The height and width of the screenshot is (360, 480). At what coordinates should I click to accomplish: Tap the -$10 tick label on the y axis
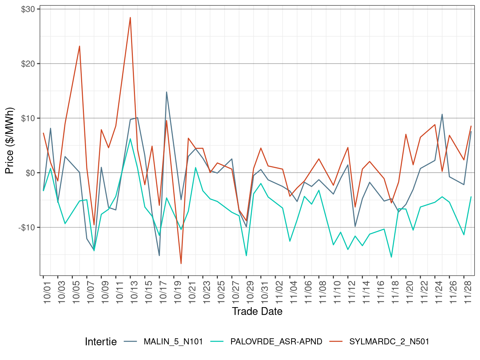point(27,227)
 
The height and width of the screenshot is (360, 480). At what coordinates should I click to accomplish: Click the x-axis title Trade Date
point(257,311)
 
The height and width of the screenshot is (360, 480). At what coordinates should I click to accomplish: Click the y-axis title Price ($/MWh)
point(10,141)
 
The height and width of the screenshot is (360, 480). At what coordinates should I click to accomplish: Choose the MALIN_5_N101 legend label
point(173,342)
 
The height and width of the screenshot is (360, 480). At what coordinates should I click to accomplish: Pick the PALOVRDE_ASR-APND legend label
point(276,342)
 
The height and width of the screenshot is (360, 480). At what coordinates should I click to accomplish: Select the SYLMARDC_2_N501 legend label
point(389,342)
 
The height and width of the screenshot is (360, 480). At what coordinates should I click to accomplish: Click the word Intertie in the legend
point(101,342)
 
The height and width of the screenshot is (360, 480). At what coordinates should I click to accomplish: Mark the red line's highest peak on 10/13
point(130,17)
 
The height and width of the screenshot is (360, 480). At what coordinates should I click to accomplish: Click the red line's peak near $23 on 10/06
point(80,46)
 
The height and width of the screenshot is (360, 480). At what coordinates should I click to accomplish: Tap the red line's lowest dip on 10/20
point(181,264)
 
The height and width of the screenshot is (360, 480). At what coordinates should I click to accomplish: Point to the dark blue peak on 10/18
point(166,92)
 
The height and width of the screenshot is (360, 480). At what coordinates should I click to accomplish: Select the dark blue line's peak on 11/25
point(442,114)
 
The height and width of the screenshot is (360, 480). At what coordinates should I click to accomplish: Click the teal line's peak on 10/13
point(130,139)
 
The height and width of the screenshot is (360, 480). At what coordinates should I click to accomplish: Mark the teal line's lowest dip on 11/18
point(391,257)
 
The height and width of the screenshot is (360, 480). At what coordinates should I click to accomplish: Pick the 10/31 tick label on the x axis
point(265,291)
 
